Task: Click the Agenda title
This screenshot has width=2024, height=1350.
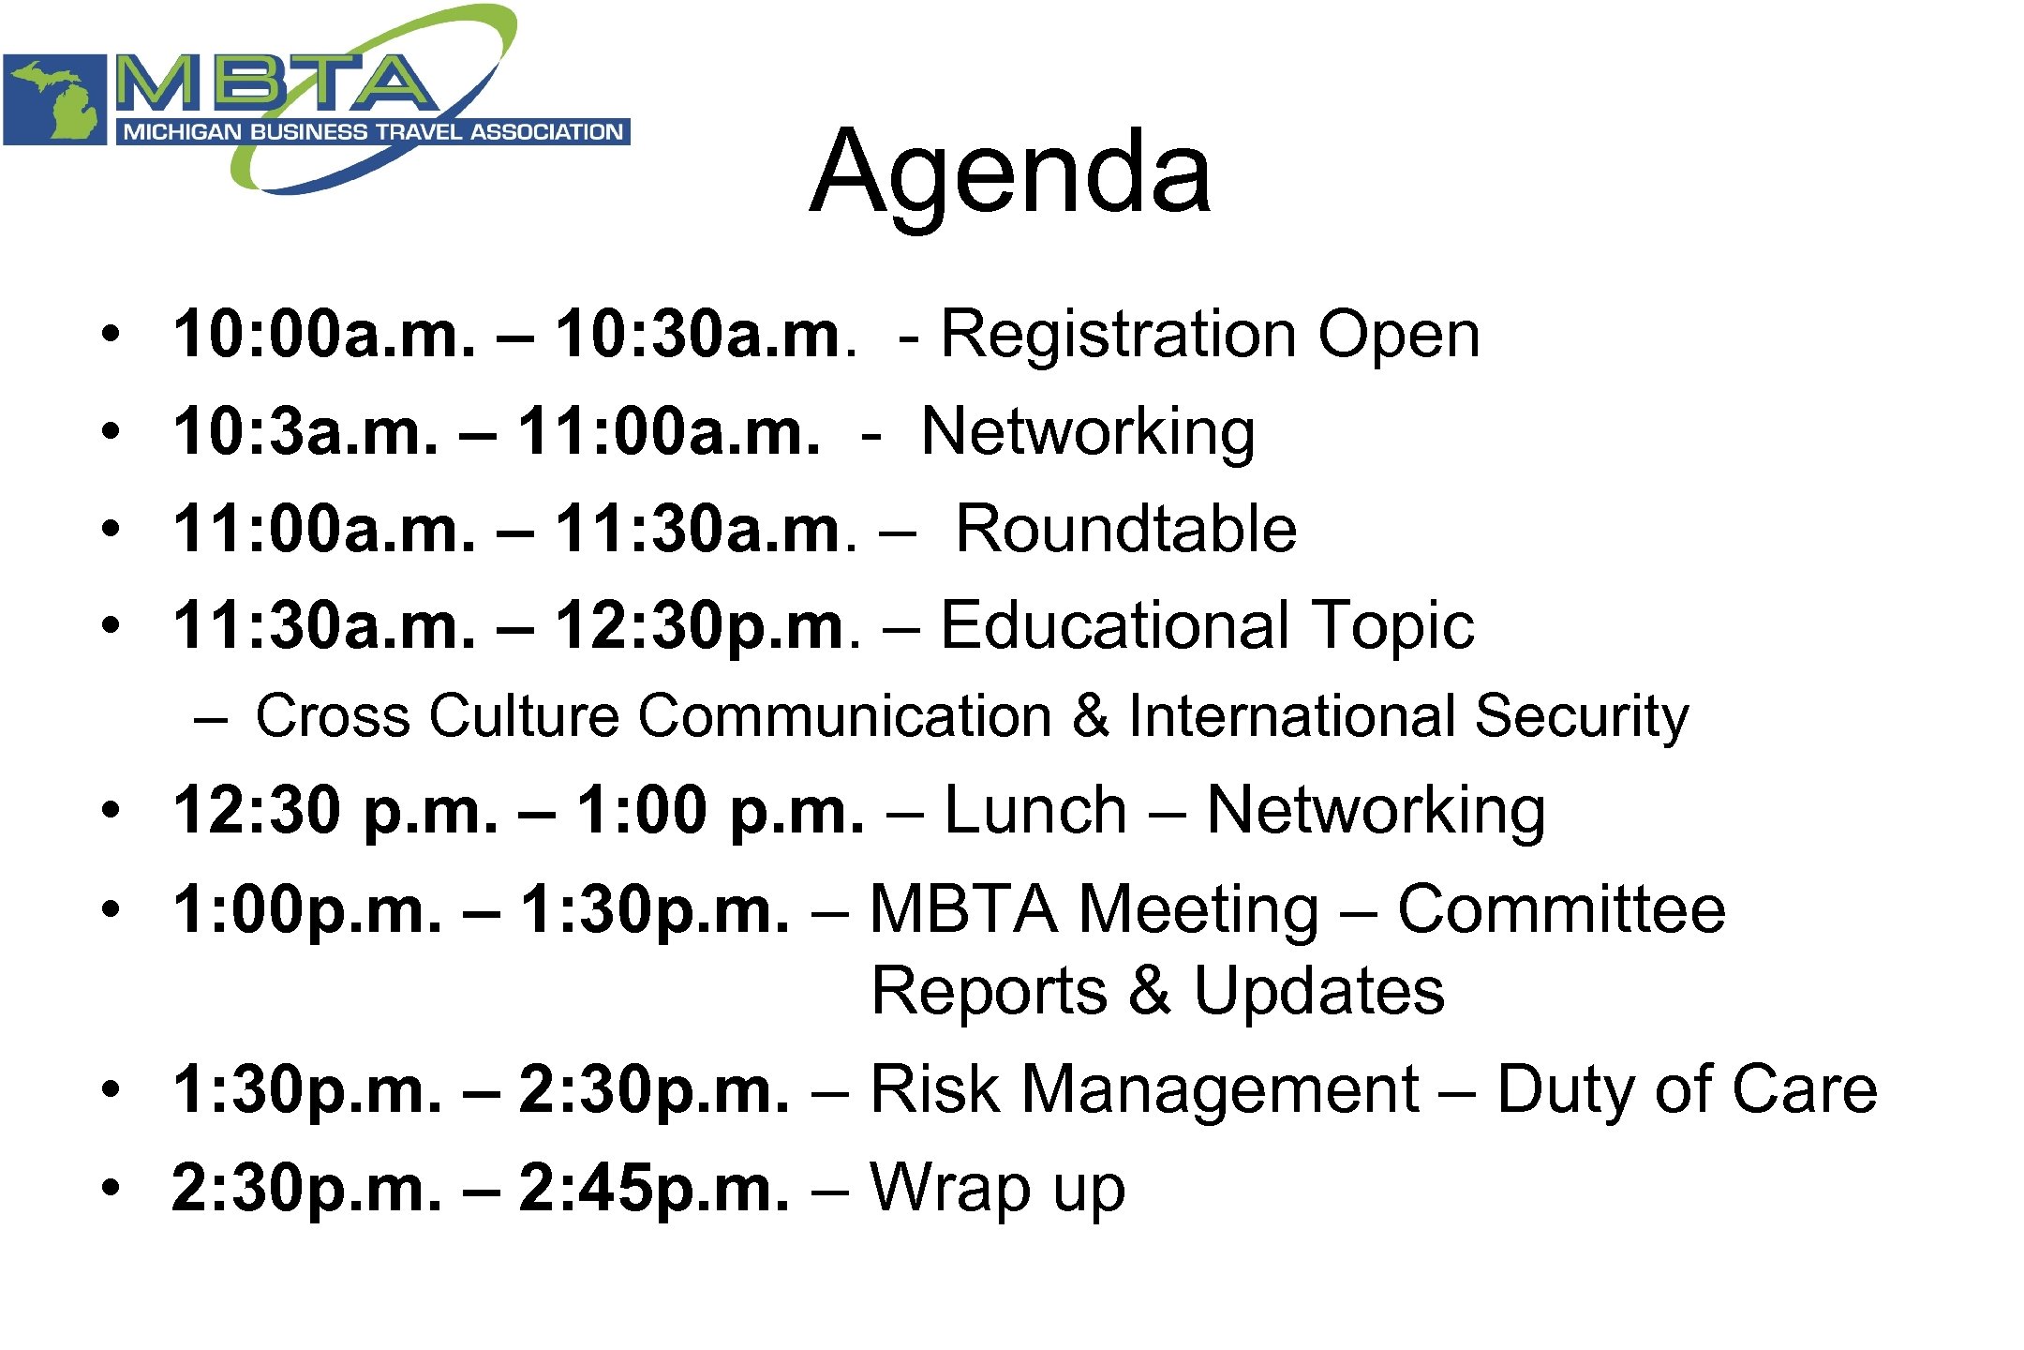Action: (1010, 173)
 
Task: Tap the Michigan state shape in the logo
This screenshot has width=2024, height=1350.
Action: (56, 99)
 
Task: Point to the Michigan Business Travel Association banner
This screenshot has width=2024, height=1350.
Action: (373, 132)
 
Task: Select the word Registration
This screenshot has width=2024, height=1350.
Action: (1119, 335)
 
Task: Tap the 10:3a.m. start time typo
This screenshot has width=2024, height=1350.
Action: (305, 432)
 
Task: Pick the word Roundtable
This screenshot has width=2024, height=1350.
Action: (1125, 530)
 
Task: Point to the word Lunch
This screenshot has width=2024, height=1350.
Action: (1034, 810)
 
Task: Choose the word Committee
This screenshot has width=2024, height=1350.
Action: (1561, 909)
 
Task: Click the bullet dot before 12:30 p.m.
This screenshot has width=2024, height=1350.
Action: (112, 810)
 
